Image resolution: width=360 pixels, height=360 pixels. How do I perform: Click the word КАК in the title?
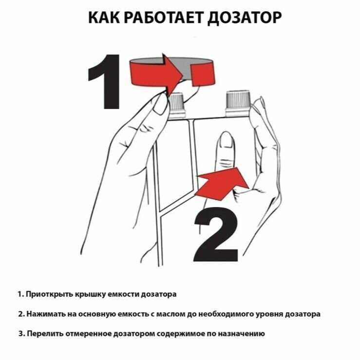point(104,18)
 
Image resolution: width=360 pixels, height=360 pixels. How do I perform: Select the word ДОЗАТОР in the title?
point(244,18)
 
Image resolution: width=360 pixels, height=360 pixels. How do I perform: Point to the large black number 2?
point(216,234)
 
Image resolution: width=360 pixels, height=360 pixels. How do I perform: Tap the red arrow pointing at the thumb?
point(222,184)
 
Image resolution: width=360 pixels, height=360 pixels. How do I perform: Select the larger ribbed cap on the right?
point(238,103)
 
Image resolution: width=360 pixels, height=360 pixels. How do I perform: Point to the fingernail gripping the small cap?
point(160,104)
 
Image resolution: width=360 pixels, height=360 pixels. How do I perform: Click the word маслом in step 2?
point(171,314)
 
